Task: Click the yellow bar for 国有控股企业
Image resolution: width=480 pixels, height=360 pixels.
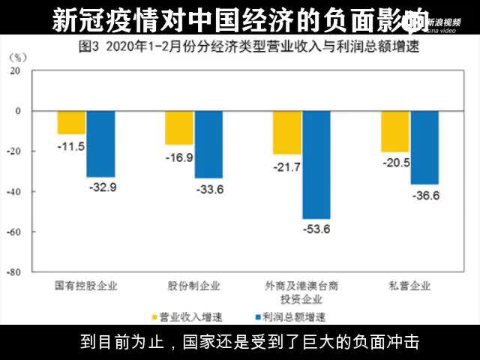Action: coord(71,122)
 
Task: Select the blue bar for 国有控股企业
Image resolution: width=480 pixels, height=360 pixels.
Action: coord(100,143)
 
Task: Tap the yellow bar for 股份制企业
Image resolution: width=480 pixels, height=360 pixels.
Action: coord(178,127)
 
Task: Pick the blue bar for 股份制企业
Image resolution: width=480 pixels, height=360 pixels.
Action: coord(208,144)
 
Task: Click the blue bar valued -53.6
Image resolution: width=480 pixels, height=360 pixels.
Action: coord(316,164)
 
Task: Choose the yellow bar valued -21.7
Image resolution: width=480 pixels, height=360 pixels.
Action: coord(286,132)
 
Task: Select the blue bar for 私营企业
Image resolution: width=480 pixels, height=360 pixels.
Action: coord(424,147)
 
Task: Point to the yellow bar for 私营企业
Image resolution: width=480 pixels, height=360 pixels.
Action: coord(395,131)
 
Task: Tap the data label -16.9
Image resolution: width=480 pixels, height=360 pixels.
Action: coord(178,157)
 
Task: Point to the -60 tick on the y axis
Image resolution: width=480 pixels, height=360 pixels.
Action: coord(34,232)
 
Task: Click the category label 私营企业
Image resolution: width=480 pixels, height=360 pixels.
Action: coord(409,286)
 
